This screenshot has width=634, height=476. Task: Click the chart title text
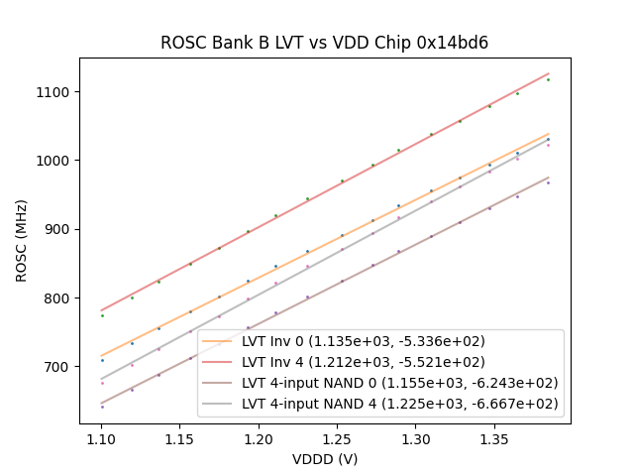(325, 44)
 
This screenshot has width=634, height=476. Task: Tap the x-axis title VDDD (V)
(325, 459)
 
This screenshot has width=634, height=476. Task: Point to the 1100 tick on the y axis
(56, 92)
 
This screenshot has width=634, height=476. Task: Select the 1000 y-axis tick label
(56, 161)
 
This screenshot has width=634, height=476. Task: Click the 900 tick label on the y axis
(60, 229)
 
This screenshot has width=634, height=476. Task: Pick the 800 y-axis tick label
(60, 297)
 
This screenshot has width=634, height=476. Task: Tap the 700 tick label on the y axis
(60, 367)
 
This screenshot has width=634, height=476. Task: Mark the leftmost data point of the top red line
(102, 315)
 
